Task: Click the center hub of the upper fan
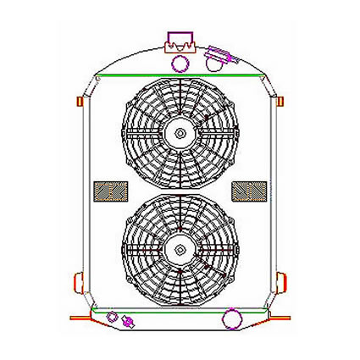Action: [x=180, y=132]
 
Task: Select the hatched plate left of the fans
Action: [x=107, y=191]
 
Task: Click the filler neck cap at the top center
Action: [x=180, y=39]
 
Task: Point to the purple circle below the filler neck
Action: [x=180, y=63]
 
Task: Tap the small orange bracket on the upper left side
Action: [x=80, y=101]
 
